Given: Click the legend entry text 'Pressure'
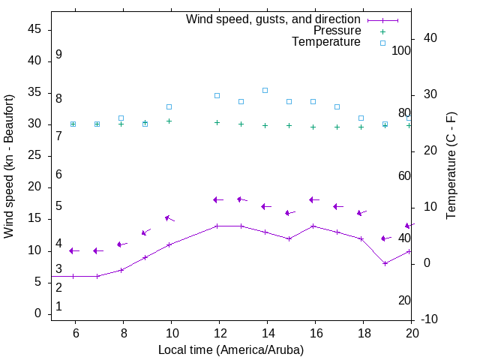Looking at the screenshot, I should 336,31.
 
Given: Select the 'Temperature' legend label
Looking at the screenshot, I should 326,42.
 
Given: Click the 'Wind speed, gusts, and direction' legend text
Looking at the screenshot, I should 274,19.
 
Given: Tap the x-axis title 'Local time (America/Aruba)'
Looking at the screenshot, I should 231,349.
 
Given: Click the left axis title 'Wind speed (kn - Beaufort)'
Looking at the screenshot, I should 9,166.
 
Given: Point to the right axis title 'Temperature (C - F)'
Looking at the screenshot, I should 451,166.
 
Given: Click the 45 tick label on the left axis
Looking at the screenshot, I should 34,29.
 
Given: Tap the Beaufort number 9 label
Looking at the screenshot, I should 58,55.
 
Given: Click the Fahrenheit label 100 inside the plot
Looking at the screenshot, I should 401,51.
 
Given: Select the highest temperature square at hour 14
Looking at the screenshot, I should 265,90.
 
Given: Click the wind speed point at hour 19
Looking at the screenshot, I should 385,263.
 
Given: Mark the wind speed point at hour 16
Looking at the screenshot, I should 313,226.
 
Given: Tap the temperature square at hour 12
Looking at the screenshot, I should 217,95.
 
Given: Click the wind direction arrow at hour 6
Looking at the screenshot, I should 74,250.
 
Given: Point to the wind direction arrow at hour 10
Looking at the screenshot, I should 169,218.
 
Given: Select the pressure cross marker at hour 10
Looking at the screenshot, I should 169,121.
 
